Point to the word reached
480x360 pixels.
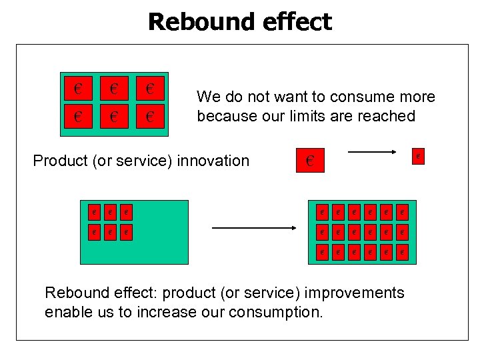(x=387, y=116)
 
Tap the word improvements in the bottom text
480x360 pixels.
(x=361, y=293)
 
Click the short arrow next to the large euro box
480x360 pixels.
(x=372, y=152)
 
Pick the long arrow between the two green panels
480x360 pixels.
(x=253, y=228)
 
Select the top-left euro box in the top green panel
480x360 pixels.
(x=79, y=88)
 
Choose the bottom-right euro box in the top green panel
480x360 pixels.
(x=150, y=118)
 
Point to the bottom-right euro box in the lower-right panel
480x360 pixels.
(x=401, y=252)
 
